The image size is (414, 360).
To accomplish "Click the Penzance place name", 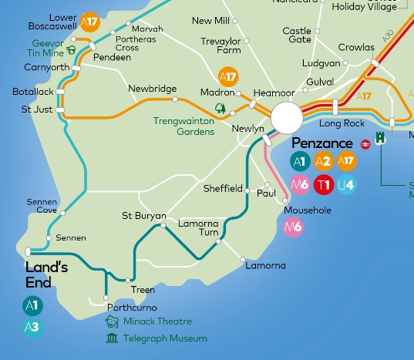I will coord(322,144).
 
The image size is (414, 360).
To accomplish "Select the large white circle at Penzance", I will coord(287,118).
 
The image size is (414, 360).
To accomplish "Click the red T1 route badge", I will coord(323,184).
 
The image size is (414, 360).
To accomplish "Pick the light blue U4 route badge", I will coord(346,184).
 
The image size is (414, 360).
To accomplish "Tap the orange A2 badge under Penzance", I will coord(323,162).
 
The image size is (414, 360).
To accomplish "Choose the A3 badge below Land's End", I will coord(32,328).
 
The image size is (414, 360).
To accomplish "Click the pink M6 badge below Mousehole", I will coord(293,227).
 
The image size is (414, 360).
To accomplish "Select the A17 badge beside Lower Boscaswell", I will coord(91,22).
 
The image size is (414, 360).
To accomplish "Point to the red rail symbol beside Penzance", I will coord(365,144).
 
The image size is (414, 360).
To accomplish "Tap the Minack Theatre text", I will coord(157,321).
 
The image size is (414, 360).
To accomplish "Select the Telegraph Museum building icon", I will coord(112,338).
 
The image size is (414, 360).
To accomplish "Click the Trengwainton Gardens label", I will coord(183,126).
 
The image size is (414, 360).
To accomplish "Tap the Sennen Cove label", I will coord(42,206).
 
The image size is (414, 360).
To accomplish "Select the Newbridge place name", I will coord(153,89).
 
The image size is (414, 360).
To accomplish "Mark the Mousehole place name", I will coord(308,210).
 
